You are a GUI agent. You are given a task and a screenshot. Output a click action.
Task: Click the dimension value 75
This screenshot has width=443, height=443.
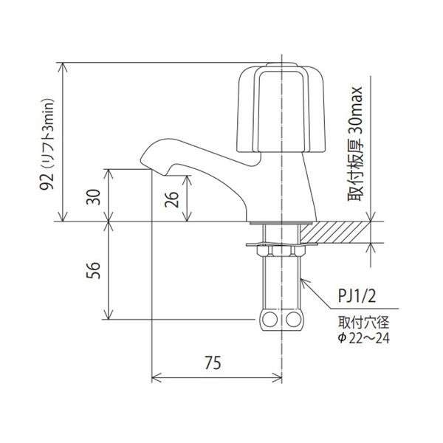click(213, 363)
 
